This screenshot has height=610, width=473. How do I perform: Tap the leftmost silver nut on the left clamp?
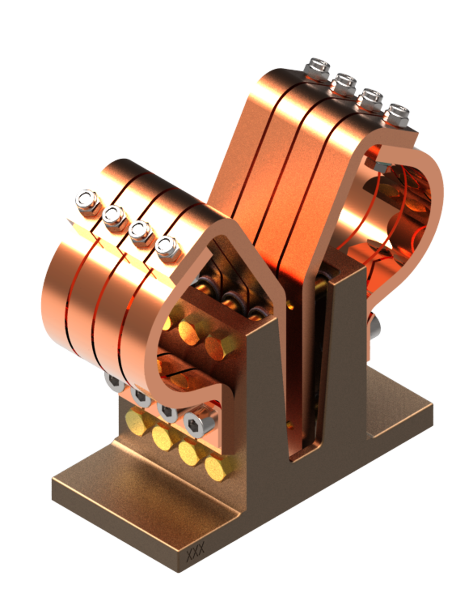pyautogui.click(x=83, y=199)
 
